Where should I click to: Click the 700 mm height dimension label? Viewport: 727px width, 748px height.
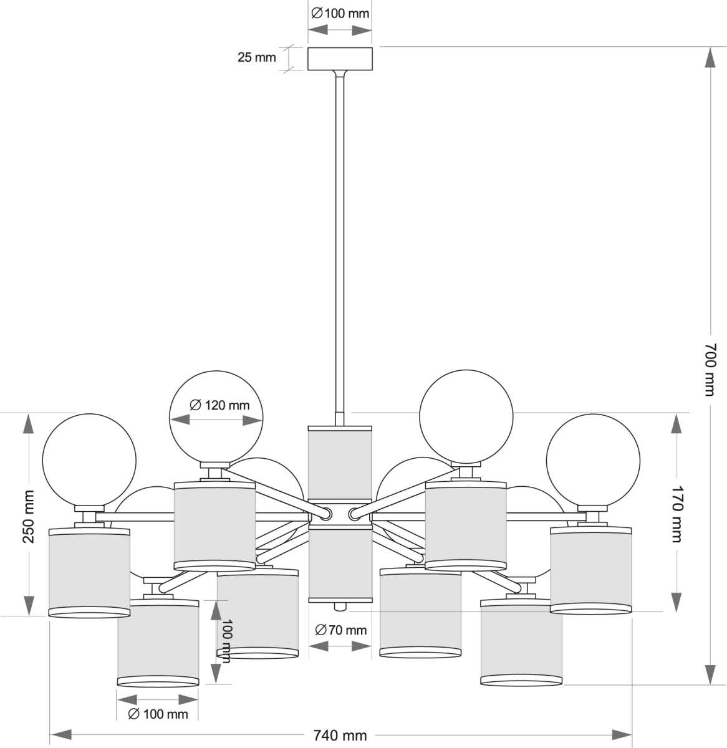(x=710, y=368)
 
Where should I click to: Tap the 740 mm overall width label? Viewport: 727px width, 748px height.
(x=340, y=736)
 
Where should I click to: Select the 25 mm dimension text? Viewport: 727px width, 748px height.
(x=256, y=58)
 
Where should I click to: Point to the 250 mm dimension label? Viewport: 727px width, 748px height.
(x=29, y=516)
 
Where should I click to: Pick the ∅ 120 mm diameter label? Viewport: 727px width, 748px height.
(x=219, y=406)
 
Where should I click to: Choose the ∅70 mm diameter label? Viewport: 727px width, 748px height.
(x=341, y=630)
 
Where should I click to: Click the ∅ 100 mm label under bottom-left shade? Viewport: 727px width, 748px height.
(x=158, y=714)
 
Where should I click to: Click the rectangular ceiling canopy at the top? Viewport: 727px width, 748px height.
(x=340, y=59)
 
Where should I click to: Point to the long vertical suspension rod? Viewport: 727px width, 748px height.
(x=340, y=243)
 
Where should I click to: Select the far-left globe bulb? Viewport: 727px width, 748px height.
(x=89, y=459)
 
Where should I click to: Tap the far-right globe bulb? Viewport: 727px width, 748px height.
(x=593, y=459)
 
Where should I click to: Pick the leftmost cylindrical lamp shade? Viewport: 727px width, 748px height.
(x=89, y=572)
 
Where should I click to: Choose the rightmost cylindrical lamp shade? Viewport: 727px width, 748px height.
(x=592, y=570)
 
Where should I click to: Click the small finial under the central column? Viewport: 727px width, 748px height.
(x=340, y=607)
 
